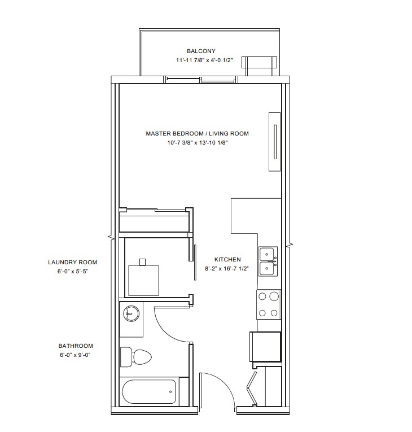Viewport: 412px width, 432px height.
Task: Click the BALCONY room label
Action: [x=201, y=51]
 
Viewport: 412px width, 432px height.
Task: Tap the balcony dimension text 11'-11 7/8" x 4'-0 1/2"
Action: [x=205, y=60]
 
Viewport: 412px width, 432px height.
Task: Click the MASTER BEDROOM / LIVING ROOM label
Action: [x=197, y=134]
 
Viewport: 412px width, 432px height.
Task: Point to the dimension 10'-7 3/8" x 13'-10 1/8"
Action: [x=198, y=143]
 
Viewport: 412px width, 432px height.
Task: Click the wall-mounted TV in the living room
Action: [x=275, y=142]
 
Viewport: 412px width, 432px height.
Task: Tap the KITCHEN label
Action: [x=227, y=260]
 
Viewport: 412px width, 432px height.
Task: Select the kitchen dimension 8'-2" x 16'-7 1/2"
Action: [x=227, y=269]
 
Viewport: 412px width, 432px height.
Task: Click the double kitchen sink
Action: [x=268, y=261]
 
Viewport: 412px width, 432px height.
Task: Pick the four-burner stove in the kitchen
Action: [x=269, y=304]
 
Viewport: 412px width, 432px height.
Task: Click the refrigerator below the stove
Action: [x=265, y=347]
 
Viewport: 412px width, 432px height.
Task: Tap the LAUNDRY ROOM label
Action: [x=72, y=262]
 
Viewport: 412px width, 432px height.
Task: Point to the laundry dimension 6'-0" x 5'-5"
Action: [x=72, y=272]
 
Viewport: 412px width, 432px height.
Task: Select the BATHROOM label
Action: [x=76, y=346]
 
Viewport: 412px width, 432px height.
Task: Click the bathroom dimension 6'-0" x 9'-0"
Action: [x=76, y=355]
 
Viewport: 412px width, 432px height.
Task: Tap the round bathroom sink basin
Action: [x=132, y=313]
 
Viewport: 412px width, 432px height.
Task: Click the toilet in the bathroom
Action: [x=136, y=357]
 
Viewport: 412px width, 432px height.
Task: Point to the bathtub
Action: [x=149, y=391]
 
